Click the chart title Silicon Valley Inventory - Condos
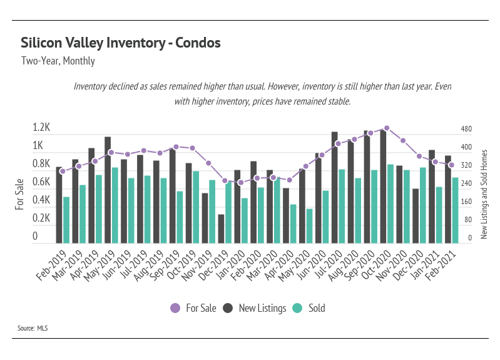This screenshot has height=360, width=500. [120, 43]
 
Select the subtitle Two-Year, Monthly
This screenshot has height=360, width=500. [58, 61]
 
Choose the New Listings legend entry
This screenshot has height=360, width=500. [254, 308]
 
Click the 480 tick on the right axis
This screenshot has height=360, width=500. [466, 130]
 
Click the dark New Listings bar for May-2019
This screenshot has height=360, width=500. [108, 190]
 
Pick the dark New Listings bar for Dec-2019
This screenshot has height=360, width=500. [221, 229]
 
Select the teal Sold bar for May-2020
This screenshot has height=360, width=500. [309, 225]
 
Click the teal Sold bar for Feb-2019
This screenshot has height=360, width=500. [66, 220]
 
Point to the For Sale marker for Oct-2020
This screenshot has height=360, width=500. [387, 128]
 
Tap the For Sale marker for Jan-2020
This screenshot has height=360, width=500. [241, 183]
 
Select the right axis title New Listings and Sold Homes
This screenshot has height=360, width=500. [484, 193]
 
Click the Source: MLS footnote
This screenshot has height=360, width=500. [33, 328]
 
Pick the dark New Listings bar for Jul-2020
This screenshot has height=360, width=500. [335, 187]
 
